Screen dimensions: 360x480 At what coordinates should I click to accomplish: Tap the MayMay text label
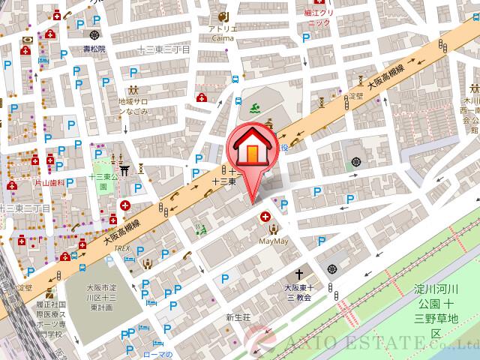click(273, 241)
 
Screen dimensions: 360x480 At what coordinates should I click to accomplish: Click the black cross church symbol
click(302, 274)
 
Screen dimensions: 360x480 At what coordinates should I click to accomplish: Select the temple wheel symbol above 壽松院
click(94, 34)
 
